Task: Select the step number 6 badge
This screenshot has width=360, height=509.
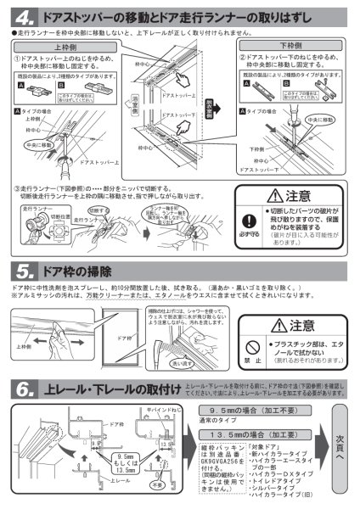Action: pos(25,389)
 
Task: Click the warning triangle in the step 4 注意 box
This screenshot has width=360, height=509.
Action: pos(273,196)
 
